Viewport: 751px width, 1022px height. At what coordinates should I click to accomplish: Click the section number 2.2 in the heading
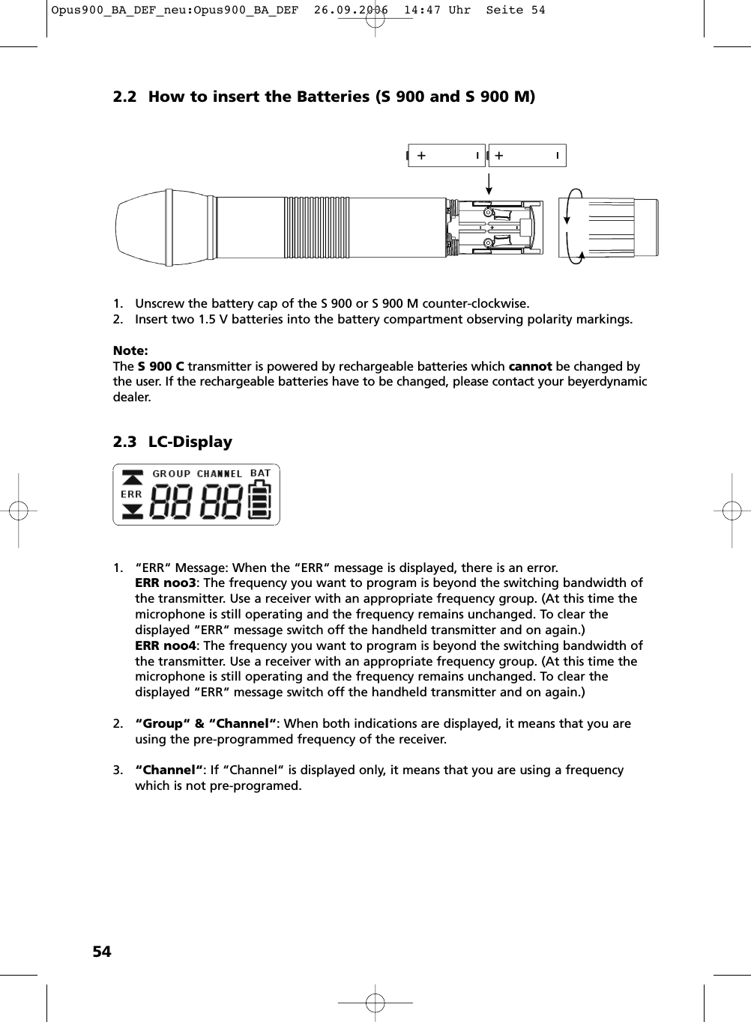point(125,97)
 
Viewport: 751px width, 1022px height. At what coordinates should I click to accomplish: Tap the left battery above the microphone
point(446,156)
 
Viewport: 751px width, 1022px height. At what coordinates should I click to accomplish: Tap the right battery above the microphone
point(526,156)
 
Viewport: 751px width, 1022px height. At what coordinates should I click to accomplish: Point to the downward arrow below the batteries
point(489,183)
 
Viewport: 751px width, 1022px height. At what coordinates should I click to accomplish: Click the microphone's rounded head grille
point(142,227)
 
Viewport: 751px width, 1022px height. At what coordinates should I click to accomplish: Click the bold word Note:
point(130,350)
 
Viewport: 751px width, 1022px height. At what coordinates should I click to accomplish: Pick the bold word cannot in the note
point(530,366)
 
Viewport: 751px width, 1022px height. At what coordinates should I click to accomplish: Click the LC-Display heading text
point(190,442)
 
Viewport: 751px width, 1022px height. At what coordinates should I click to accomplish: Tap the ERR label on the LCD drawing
point(131,494)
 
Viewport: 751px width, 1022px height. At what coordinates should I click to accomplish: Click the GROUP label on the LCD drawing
point(172,474)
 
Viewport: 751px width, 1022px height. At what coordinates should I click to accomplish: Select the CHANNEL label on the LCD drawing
point(220,474)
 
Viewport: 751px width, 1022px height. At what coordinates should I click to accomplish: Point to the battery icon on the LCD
point(260,499)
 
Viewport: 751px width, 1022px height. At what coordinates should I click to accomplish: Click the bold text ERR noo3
point(166,583)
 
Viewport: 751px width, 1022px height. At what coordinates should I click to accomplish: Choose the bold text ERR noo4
point(166,645)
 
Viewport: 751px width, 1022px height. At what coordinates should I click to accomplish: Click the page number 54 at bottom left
point(102,952)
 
